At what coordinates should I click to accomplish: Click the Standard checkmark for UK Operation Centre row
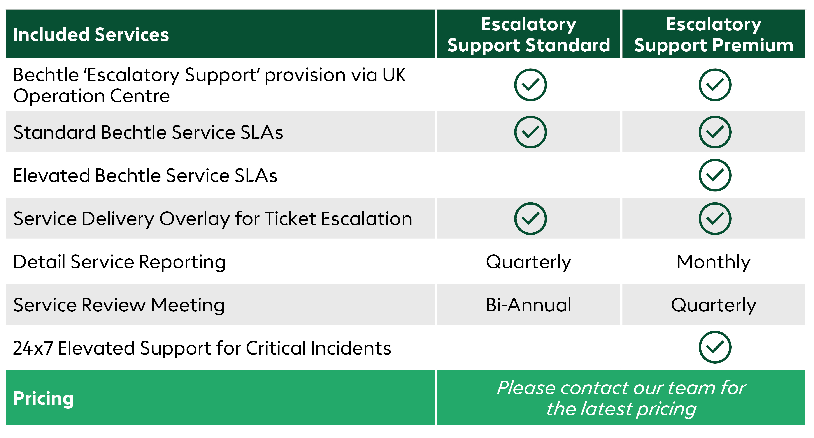tap(530, 85)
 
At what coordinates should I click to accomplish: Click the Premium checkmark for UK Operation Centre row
tap(715, 85)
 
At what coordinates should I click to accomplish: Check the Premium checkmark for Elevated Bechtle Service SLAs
tap(715, 175)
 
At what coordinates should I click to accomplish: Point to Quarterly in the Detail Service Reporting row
tap(529, 263)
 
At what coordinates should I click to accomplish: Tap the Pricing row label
tap(44, 398)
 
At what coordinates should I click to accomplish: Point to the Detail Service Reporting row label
tap(119, 263)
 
